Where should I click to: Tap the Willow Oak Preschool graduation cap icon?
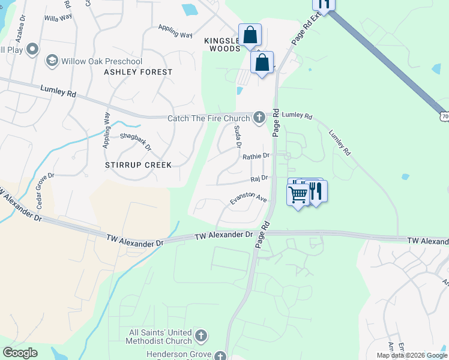pos(52,61)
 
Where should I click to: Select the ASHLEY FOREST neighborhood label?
pos(138,72)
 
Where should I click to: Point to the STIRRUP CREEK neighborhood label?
pos(138,165)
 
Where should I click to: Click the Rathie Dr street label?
pos(256,156)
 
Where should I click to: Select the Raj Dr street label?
pos(259,178)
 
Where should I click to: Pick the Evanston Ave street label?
pos(249,199)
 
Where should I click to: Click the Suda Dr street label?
pos(238,137)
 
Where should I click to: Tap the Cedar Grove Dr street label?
pos(44,191)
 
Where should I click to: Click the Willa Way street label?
pos(59,18)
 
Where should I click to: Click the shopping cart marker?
pos(298,194)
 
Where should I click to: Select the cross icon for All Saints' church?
pos(201,335)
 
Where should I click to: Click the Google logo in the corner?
pos(20,353)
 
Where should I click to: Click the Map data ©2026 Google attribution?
pos(411,355)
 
